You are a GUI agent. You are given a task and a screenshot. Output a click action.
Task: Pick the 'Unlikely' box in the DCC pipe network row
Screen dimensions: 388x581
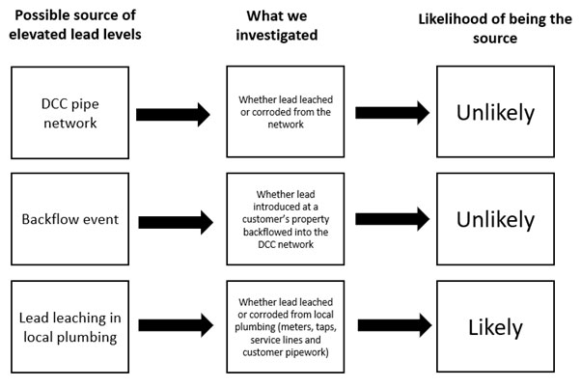coord(494,114)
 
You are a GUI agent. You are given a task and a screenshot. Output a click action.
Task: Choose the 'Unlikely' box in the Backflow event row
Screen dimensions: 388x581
coord(494,220)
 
